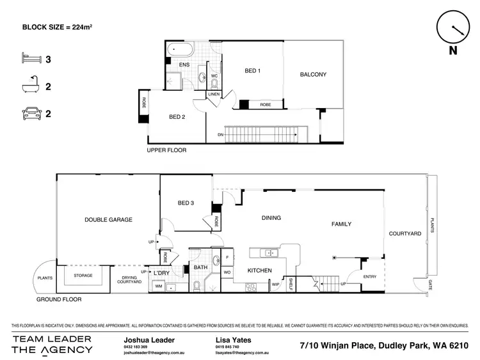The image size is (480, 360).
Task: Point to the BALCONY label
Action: pyautogui.click(x=313, y=75)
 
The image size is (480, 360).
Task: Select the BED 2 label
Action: pyautogui.click(x=177, y=117)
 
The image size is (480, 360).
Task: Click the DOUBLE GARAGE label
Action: pyautogui.click(x=108, y=219)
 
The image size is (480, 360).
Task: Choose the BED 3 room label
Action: pyautogui.click(x=186, y=203)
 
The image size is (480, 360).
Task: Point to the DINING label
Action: pyautogui.click(x=271, y=218)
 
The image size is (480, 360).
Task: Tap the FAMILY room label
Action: pyautogui.click(x=341, y=224)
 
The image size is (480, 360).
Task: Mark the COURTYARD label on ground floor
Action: pyautogui.click(x=406, y=234)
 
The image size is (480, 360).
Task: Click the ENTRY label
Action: pyautogui.click(x=370, y=277)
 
